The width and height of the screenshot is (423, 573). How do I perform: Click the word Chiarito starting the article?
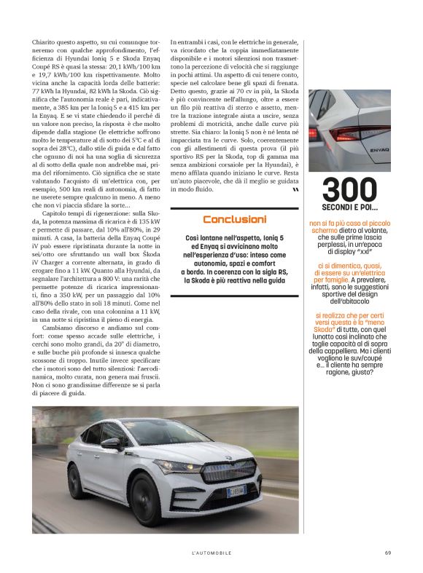click(x=44, y=43)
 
